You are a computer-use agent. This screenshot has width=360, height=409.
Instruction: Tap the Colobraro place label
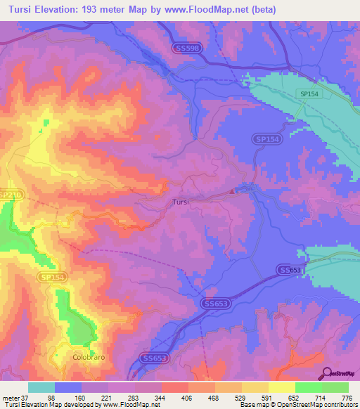coord(88,357)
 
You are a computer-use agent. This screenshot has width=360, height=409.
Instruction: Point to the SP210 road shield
coord(9,194)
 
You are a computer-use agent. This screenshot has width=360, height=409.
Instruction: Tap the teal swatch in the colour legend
coord(41,387)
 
